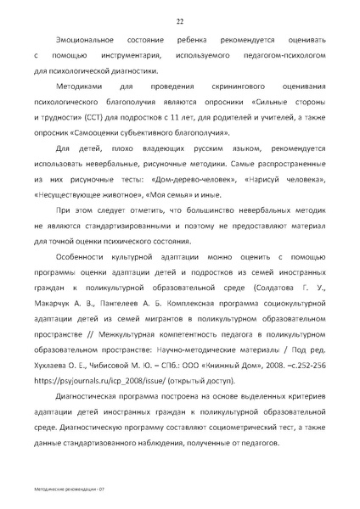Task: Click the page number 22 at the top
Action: click(180, 21)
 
